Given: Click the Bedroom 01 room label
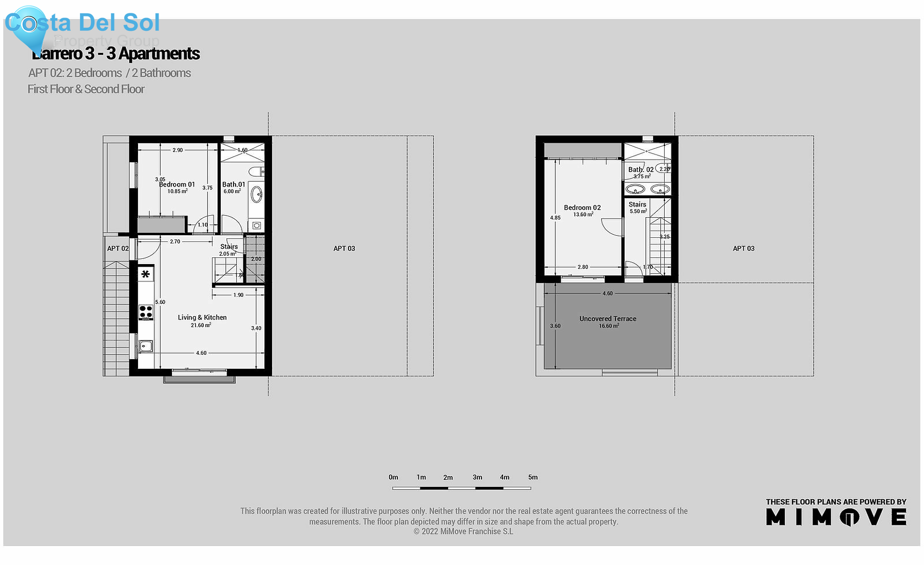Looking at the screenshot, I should coord(177,184).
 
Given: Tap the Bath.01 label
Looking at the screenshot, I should coord(234,184).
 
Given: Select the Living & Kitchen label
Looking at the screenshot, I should coord(202,317).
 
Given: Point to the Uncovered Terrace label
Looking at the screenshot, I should coord(608,319).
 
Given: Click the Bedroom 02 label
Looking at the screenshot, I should coord(582,208).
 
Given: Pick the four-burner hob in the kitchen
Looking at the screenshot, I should coord(146,312).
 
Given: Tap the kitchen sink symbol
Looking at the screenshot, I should coord(146,346).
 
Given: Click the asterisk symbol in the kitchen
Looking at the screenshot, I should coord(146,274).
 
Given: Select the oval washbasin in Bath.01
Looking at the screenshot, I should coord(256,195).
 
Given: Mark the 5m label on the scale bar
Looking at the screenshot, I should coord(533,477).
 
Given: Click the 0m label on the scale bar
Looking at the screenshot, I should coord(393,477).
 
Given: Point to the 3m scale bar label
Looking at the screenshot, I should coord(477,477).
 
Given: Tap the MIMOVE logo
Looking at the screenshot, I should coord(836,517).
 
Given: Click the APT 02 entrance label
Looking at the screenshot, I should coord(118,249).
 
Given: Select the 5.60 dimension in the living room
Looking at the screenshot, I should coord(160,302).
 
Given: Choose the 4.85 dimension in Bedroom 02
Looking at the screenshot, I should coord(555,218).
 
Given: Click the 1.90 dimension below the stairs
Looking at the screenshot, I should coord(238,295).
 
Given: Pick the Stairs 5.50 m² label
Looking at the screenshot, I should coord(638,208).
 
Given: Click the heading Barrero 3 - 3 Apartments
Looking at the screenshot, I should coord(116,53).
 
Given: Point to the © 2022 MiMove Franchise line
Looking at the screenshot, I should coord(463,532).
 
